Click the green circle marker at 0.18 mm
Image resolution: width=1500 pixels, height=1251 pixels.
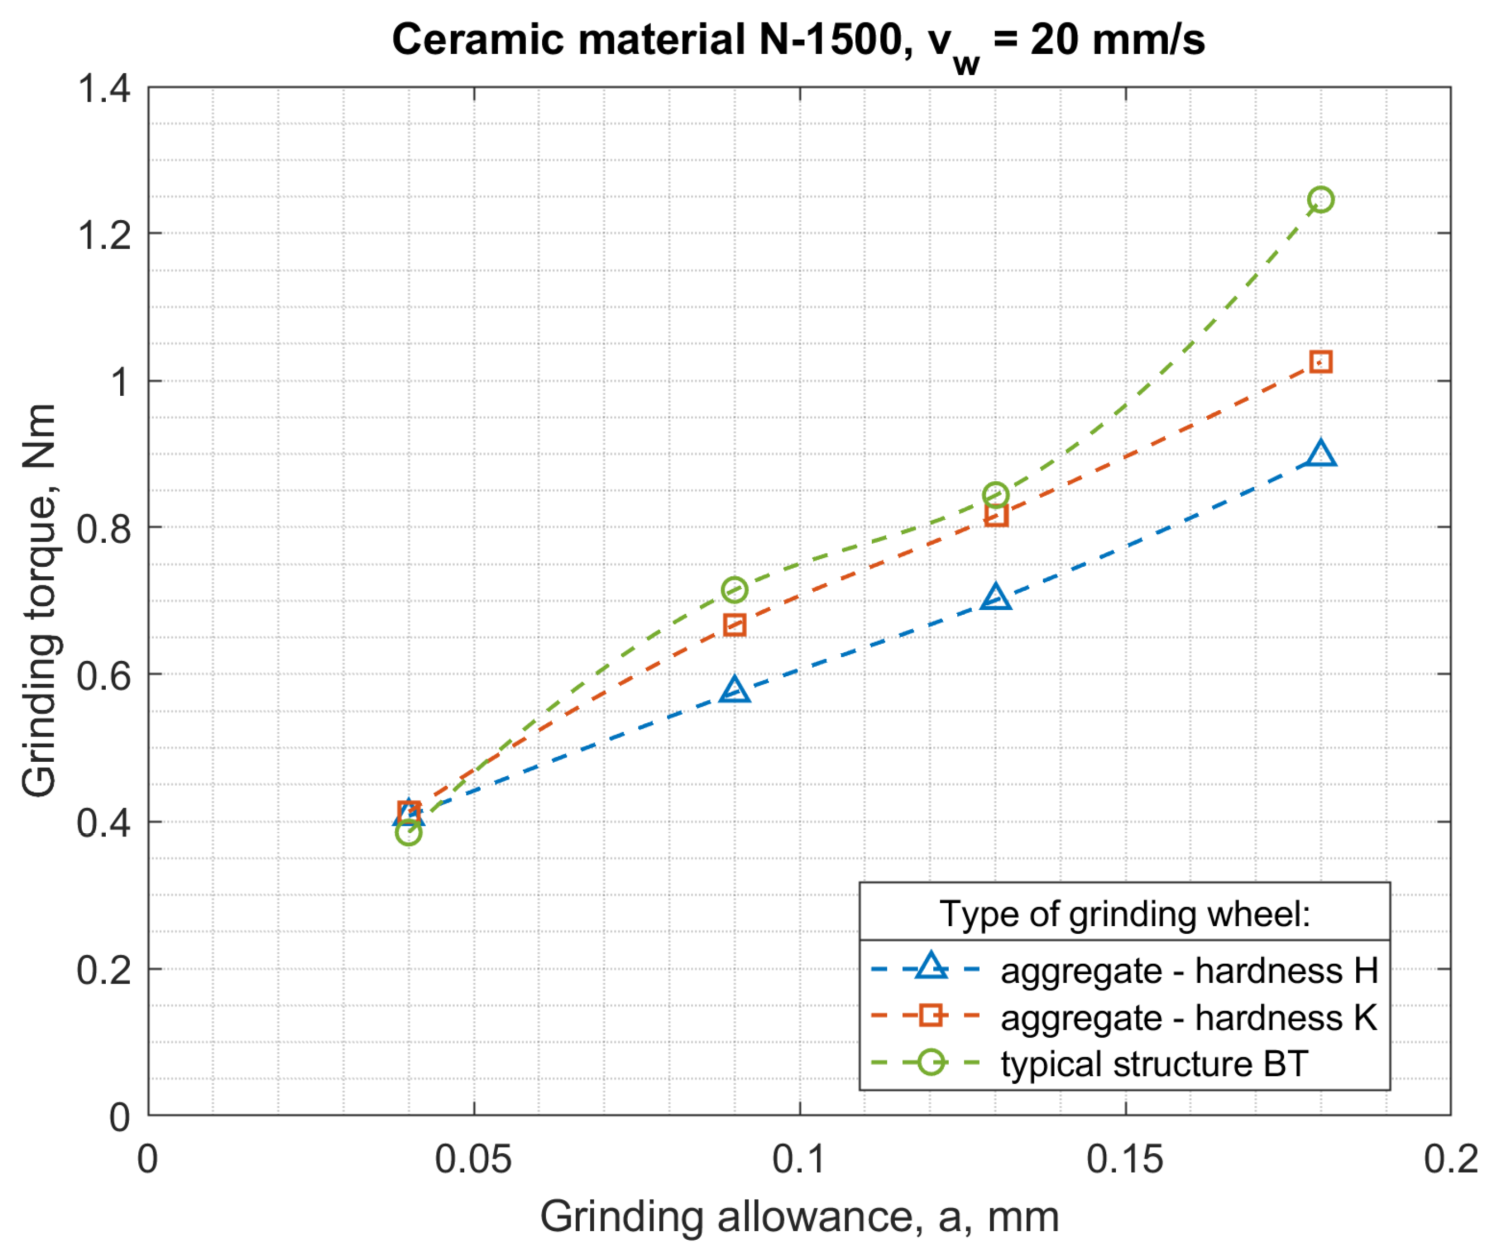click(x=1320, y=199)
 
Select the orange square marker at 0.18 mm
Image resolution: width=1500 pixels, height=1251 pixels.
click(x=1320, y=362)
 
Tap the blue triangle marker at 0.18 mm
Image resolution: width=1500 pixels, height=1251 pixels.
click(x=1320, y=455)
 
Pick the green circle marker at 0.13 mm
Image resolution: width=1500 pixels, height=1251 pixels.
click(x=995, y=495)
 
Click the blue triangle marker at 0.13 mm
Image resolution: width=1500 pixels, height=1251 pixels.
click(x=995, y=597)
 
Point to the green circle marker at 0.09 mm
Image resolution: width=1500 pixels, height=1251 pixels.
click(x=735, y=589)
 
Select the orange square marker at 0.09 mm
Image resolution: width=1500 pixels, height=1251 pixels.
click(x=735, y=625)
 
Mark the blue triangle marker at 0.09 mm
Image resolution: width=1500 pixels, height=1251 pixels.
click(x=735, y=690)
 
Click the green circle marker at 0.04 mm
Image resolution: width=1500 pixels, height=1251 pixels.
click(x=408, y=832)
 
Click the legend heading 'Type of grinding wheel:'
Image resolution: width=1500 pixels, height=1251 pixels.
click(x=1124, y=914)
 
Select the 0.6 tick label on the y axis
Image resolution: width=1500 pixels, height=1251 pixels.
click(x=104, y=675)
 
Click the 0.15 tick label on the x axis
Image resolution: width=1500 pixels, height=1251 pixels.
click(x=1124, y=1159)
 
